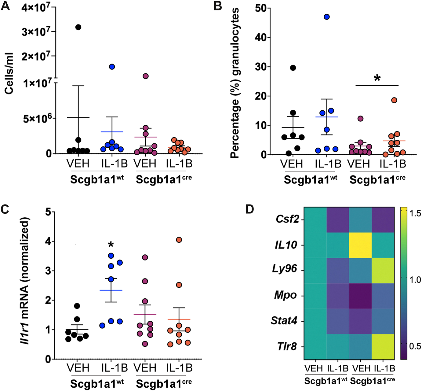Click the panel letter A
coord(5,6)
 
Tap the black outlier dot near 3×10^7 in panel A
coord(78,27)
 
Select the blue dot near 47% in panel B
coord(327,17)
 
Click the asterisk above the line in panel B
coord(377,78)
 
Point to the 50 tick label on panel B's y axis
coord(261,8)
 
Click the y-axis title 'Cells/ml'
coord(9,73)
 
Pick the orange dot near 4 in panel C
coord(179,240)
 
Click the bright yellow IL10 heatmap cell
coord(360,245)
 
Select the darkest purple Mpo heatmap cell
coord(360,296)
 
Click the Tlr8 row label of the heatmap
coord(287,347)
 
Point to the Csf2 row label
coord(287,219)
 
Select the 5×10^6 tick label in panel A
coord(37,119)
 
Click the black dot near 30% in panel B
coord(293,68)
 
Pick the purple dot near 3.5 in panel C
coord(145,257)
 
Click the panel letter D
coord(249,209)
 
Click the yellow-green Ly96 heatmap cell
coord(383,270)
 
